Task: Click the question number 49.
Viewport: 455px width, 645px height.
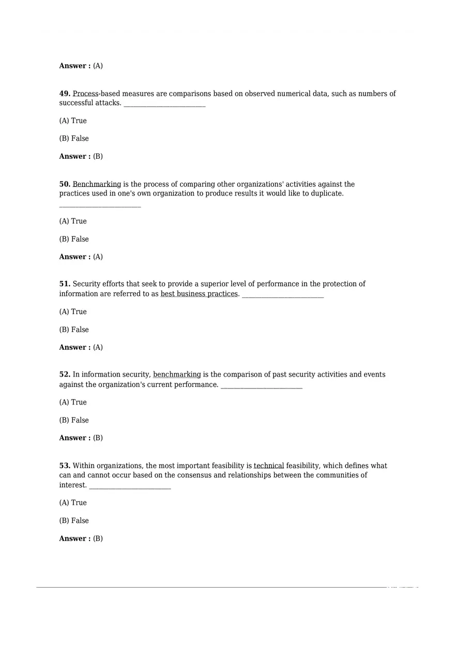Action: [x=65, y=94]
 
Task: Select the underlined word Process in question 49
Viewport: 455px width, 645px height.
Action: [x=85, y=94]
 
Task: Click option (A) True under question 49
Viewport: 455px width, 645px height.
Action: [x=73, y=121]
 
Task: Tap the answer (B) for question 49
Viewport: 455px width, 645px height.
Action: [x=98, y=156]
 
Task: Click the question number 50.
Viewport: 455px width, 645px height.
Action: [x=65, y=184]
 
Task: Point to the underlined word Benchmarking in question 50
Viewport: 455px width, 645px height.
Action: [x=97, y=184]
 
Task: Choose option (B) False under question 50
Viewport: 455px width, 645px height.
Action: [x=74, y=239]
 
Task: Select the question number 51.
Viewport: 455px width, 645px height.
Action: [x=65, y=284]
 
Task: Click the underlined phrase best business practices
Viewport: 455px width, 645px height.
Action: [x=199, y=294]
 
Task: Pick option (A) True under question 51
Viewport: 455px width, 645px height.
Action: [x=73, y=311]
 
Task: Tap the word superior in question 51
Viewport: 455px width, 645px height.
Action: [x=186, y=284]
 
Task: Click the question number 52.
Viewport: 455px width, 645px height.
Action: [x=65, y=374]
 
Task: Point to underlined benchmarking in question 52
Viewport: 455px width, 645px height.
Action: [x=177, y=374]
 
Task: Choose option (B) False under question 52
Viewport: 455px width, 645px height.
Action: [x=74, y=420]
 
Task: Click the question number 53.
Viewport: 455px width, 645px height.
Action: [x=65, y=466]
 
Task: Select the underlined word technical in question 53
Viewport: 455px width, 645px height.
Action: [x=269, y=466]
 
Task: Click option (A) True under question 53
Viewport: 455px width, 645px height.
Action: [x=73, y=503]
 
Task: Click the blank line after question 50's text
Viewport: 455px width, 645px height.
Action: [x=100, y=206]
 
